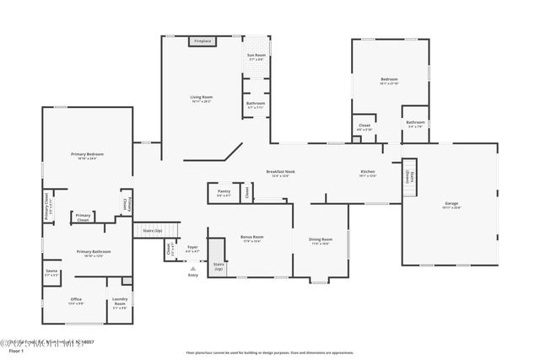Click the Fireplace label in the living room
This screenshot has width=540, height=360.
click(202, 41)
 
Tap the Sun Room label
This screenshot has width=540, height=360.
click(256, 56)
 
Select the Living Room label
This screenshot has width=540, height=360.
click(201, 98)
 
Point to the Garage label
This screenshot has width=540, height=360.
click(451, 204)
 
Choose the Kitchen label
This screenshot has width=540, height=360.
click(368, 172)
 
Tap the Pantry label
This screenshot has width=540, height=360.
click(224, 191)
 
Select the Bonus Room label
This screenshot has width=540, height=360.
click(252, 237)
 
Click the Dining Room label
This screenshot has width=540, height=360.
click(321, 239)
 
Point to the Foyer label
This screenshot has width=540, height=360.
click(192, 247)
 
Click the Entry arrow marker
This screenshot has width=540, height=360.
click(192, 268)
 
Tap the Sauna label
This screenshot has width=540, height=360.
click(51, 271)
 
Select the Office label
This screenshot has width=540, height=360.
click(76, 299)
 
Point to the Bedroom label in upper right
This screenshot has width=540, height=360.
click(388, 80)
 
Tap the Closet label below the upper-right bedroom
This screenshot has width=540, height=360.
click(364, 126)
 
